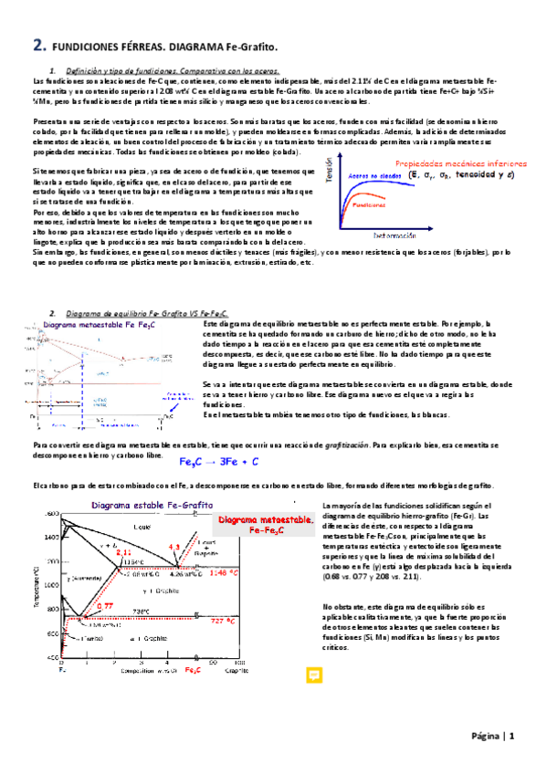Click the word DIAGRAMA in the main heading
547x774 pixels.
(180, 46)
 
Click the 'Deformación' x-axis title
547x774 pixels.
(396, 235)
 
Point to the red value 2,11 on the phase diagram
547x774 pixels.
(124, 552)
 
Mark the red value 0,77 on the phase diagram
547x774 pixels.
(104, 605)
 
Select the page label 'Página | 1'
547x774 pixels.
(494, 736)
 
